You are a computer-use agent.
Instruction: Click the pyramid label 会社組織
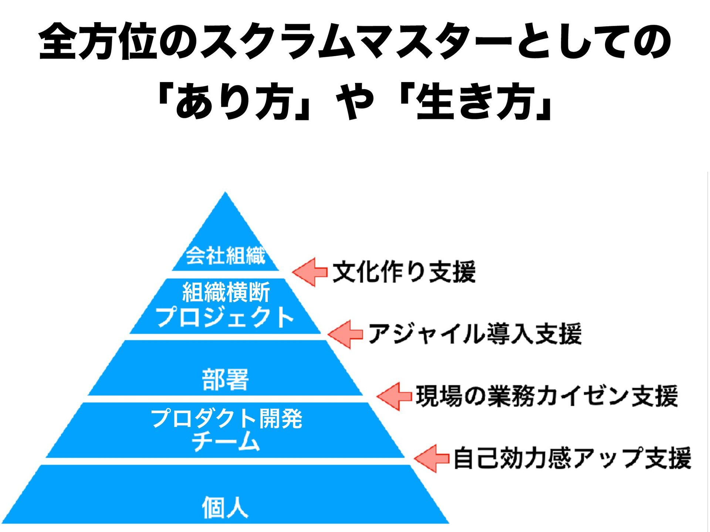click(225, 255)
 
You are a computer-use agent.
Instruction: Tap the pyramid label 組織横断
click(226, 292)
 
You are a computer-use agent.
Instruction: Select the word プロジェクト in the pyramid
click(225, 317)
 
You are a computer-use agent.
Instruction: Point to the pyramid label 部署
click(225, 379)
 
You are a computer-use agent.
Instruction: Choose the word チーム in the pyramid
click(225, 441)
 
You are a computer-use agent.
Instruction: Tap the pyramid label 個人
click(225, 507)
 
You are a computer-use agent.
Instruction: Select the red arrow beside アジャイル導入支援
click(345, 334)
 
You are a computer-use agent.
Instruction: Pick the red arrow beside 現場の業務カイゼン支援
click(394, 396)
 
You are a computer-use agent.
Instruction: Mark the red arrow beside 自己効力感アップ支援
click(432, 458)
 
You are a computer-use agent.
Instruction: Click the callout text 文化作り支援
click(404, 272)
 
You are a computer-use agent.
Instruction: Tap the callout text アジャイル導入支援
click(475, 334)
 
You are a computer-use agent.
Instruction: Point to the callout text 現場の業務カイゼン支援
click(547, 396)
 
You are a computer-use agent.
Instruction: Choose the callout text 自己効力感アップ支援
click(572, 458)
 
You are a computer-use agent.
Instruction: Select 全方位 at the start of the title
click(98, 41)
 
